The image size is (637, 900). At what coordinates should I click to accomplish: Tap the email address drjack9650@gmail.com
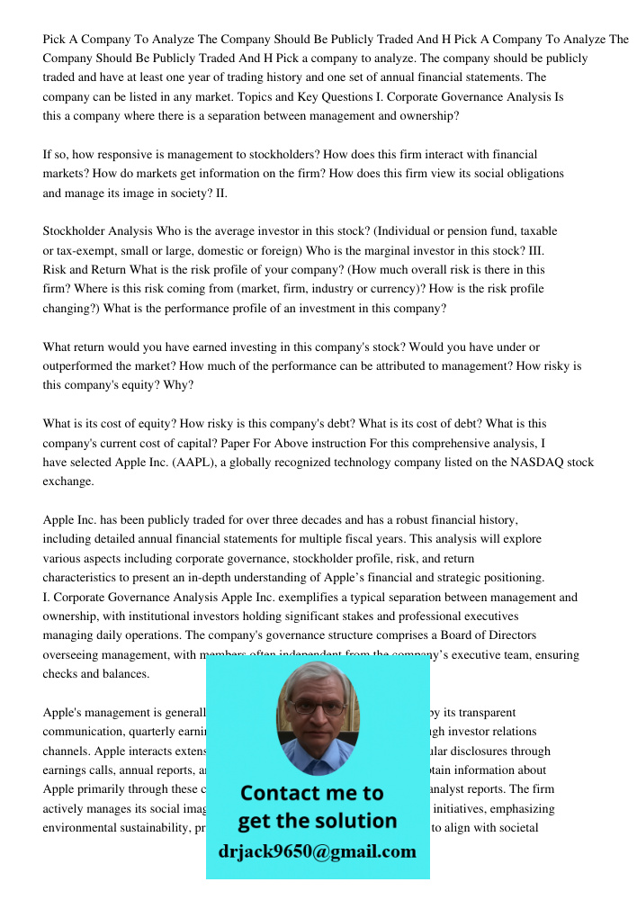[317, 851]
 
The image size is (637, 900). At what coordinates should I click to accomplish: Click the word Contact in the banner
[277, 793]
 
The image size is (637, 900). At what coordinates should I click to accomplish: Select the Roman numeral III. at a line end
[531, 250]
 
